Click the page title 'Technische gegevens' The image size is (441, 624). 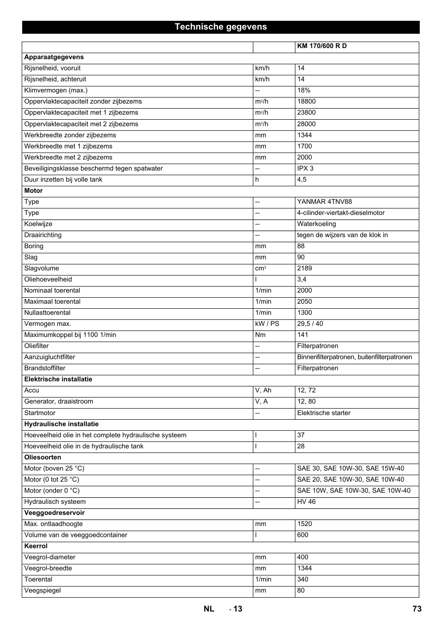click(220, 27)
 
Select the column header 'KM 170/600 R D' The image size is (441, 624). click(322, 46)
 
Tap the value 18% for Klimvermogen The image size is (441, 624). click(304, 91)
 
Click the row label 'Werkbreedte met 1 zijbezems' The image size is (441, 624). click(68, 146)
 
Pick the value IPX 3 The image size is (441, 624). click(305, 168)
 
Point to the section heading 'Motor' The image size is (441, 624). click(33, 190)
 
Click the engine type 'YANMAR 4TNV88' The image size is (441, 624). click(325, 202)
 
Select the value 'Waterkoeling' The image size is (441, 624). click(317, 224)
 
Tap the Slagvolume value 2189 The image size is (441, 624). click(305, 268)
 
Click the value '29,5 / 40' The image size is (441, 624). click(310, 324)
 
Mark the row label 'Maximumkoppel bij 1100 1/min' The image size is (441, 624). click(70, 335)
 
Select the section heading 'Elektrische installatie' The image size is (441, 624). click(58, 379)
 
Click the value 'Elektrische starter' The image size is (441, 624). click(324, 413)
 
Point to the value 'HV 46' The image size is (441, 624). click(306, 502)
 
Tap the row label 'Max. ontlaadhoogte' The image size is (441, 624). click(54, 524)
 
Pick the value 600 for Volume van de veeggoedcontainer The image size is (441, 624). click(303, 535)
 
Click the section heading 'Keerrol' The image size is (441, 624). click(36, 546)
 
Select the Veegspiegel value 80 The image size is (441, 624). click(301, 590)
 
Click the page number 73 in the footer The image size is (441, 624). click(417, 609)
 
